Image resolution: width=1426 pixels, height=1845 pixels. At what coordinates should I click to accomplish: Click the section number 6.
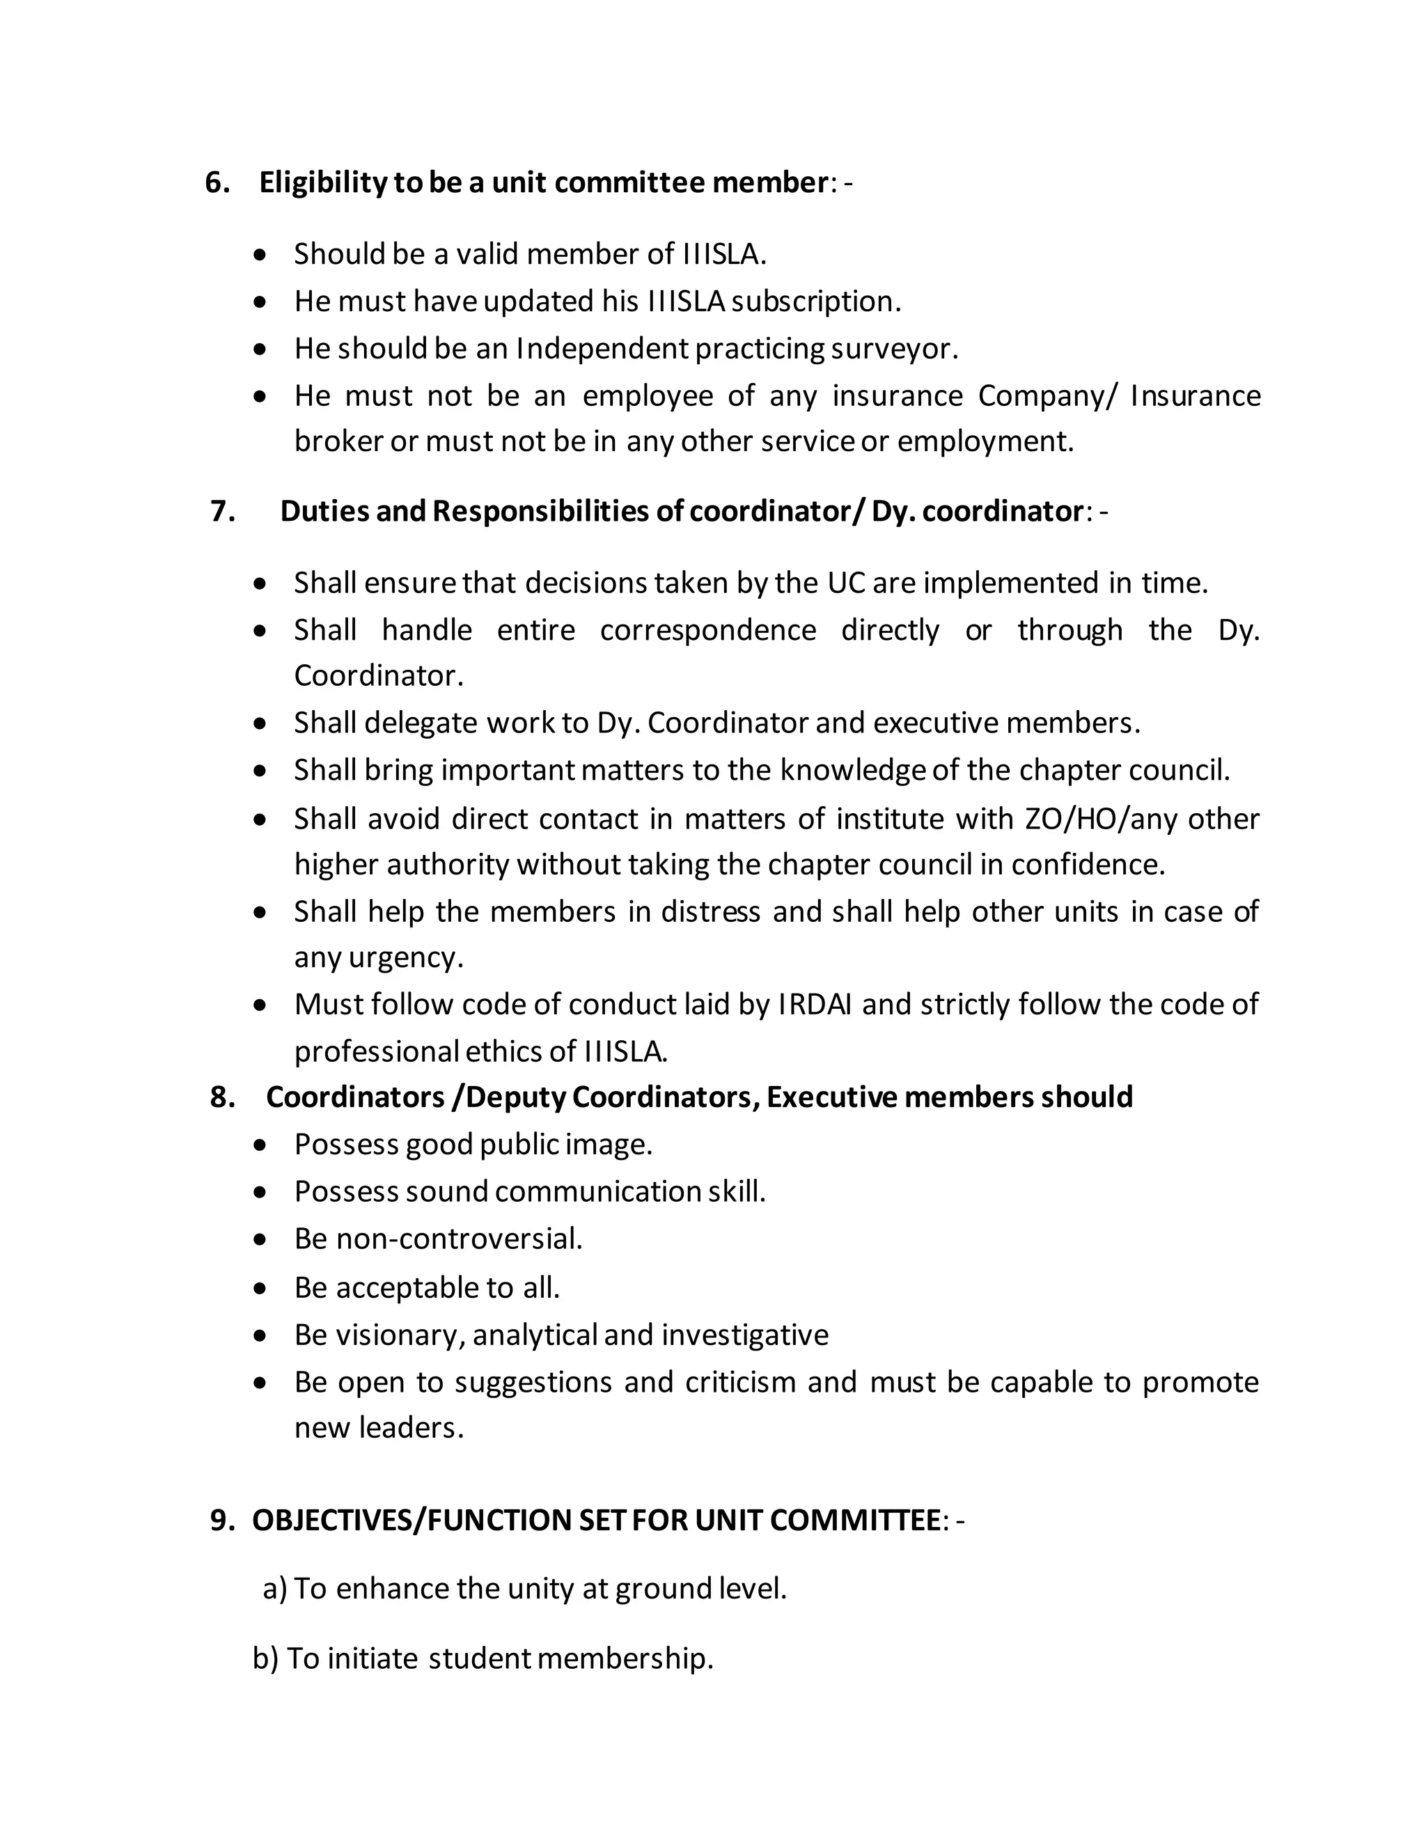click(217, 182)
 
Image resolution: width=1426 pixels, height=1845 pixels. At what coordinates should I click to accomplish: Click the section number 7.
click(222, 511)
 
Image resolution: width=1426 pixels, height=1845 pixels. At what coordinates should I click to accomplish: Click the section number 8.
click(222, 1097)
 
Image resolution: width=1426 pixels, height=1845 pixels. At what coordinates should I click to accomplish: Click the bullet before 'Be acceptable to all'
click(262, 1288)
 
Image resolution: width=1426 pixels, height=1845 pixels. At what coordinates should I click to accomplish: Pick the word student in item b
click(479, 1658)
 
